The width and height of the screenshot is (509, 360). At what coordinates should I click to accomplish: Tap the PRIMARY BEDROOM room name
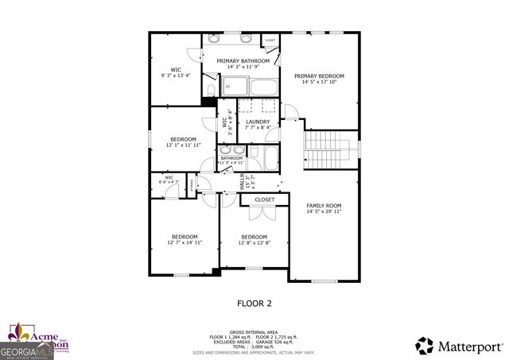316,77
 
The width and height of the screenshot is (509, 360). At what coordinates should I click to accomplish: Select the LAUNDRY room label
258,122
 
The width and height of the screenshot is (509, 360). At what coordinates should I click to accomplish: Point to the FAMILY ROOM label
324,206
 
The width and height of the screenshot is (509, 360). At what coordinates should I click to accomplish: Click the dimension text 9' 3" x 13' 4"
176,76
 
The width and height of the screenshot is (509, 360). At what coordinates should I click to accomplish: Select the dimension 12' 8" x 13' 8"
254,242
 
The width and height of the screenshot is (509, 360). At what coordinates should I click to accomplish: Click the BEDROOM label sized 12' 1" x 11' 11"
182,139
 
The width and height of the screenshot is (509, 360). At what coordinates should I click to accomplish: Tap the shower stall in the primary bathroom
236,87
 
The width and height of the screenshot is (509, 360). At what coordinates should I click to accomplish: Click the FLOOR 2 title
254,303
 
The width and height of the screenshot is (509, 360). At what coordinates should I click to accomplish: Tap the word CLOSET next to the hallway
265,199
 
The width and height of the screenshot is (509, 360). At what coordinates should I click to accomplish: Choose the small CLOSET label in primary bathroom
270,40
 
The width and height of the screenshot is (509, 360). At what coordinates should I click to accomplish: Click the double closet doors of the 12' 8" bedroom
262,212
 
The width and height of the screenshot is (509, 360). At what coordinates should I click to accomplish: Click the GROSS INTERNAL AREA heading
254,331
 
